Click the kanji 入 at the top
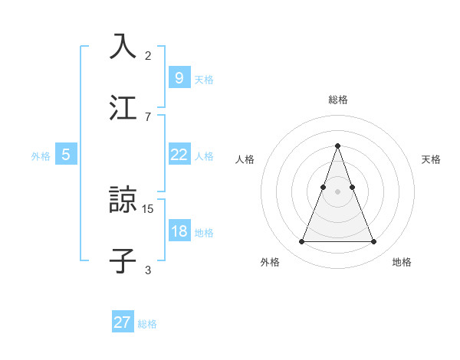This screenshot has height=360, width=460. point(123,46)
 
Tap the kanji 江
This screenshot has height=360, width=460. point(123,107)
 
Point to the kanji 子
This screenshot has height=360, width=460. point(123,260)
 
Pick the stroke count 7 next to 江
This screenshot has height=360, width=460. point(148,116)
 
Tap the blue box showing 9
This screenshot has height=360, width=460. point(179,77)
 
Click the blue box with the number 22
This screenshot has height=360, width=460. point(179,155)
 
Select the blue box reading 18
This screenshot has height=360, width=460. point(179,231)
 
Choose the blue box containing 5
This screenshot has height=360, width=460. point(66,155)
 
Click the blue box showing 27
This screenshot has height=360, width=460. point(123,322)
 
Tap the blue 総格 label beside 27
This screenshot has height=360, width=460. point(147,324)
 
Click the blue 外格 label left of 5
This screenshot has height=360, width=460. point(41,156)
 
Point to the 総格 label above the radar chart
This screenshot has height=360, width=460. point(338,100)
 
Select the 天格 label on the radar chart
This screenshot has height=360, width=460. point(432,159)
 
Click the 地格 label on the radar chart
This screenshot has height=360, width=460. point(402,262)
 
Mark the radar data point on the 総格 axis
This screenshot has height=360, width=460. point(338,146)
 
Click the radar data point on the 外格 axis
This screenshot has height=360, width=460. point(301,242)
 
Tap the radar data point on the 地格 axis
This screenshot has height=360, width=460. point(374,242)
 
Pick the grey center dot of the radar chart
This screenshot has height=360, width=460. point(338,191)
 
